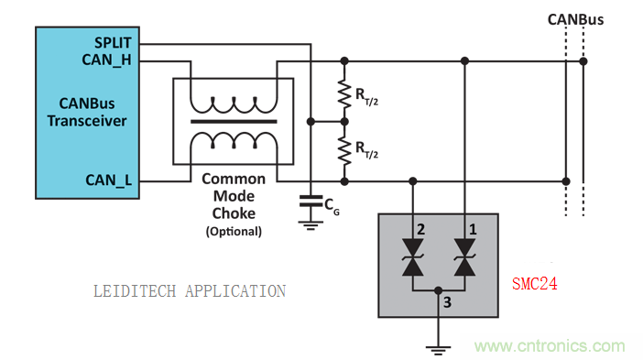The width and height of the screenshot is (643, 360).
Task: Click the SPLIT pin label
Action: click(113, 43)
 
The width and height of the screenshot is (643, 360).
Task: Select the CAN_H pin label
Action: click(106, 60)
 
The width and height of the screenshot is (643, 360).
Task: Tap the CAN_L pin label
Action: click(109, 180)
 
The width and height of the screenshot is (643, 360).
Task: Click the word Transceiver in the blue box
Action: click(86, 121)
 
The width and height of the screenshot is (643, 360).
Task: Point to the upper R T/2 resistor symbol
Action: click(344, 94)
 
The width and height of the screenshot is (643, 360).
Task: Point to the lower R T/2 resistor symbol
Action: click(344, 151)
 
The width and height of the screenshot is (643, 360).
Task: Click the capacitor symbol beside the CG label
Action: click(311, 202)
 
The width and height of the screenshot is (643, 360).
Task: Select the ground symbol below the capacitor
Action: click(311, 226)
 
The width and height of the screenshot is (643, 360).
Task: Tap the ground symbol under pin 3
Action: click(438, 351)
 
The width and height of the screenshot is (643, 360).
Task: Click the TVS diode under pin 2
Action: click(413, 257)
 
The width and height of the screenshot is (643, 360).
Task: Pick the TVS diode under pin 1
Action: click(464, 257)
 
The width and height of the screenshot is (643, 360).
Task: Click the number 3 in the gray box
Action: click(447, 302)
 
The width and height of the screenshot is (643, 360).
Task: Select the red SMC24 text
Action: click(535, 284)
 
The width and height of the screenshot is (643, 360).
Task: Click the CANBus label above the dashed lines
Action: click(576, 19)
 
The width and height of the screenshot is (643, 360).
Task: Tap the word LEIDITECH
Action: click(135, 291)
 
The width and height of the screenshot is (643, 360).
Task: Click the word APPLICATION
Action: click(235, 291)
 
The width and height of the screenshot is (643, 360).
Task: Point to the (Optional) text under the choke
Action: click(234, 231)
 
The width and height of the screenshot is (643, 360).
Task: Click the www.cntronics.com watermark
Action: click(550, 346)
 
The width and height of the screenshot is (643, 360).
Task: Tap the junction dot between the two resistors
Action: click(344, 122)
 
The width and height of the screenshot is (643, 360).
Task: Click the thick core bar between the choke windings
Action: click(234, 122)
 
